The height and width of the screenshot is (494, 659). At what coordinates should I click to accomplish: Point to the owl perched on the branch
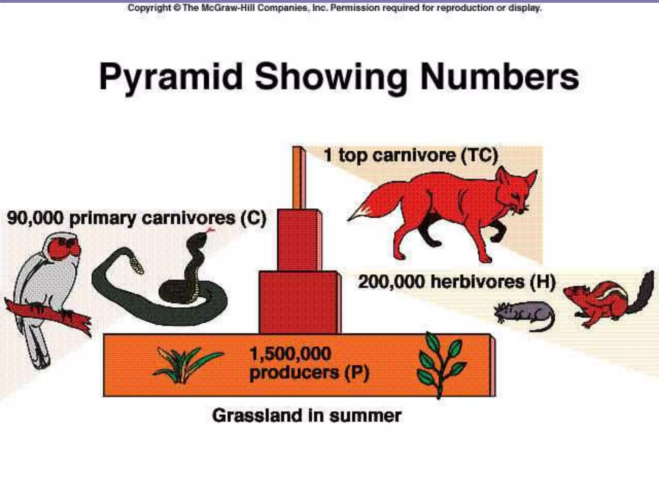coord(48,289)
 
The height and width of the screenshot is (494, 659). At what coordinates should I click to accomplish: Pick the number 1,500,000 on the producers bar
coord(290,354)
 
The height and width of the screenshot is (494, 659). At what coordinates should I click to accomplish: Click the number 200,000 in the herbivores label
coord(392,282)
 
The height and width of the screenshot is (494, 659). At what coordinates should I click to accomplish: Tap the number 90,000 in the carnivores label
coord(35,218)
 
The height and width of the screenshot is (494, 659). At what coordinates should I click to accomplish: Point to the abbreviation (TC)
coord(479,156)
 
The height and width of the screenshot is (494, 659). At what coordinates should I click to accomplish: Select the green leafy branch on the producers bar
coord(441,363)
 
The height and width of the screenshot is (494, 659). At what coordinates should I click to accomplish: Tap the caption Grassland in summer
coord(307,416)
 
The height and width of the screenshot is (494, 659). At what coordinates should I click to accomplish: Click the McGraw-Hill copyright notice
coord(335,8)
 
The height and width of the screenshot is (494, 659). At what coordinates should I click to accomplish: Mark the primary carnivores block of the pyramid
coord(298,240)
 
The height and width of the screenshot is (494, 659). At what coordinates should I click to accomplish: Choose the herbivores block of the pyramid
coord(299,302)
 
